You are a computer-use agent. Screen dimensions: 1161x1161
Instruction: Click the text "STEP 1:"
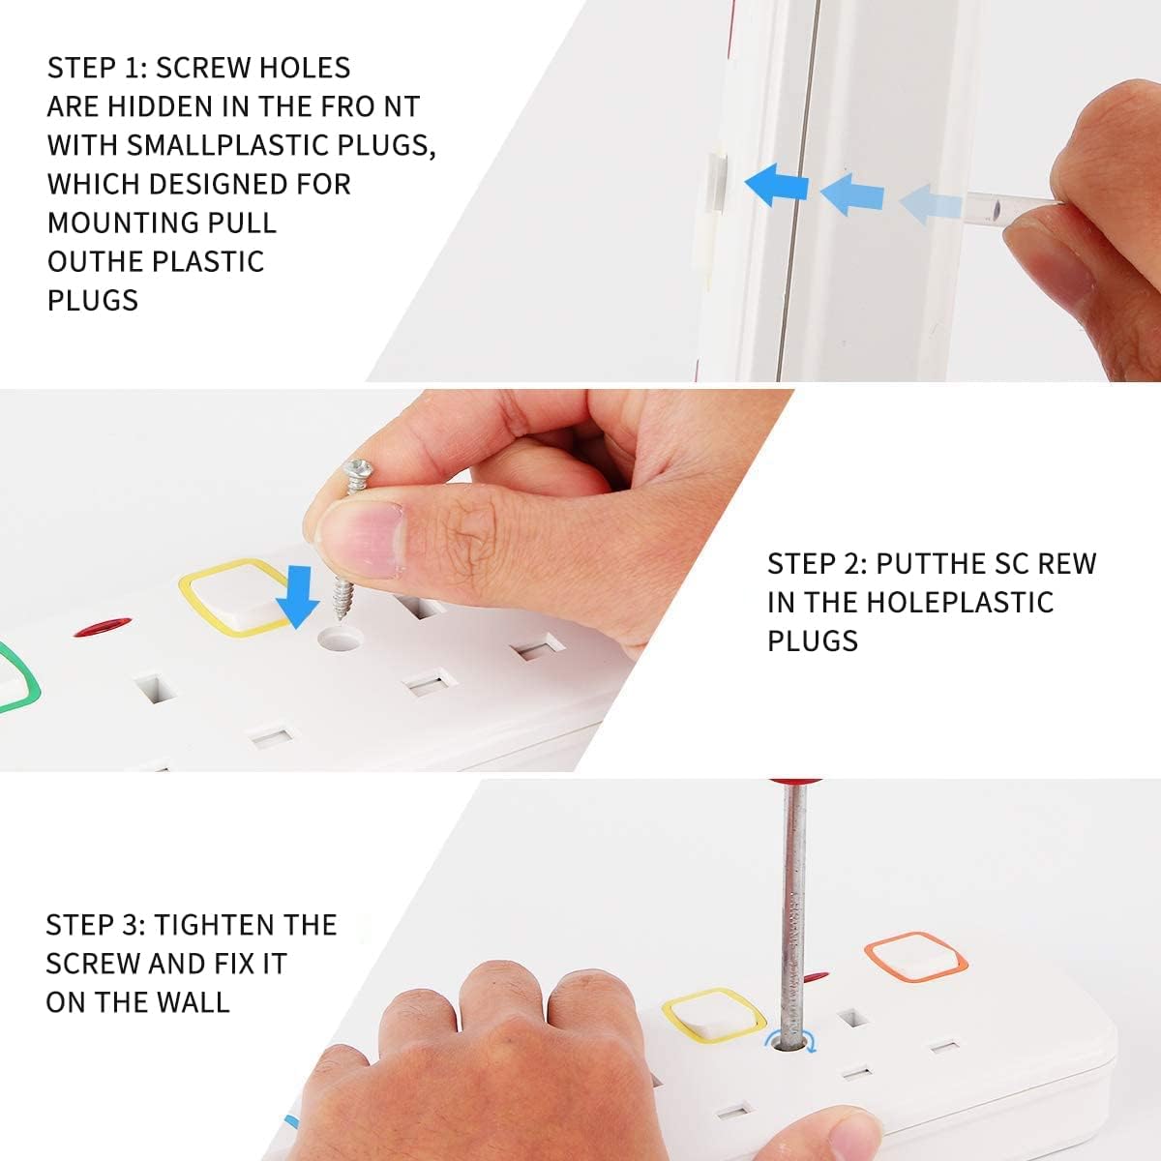(x=98, y=68)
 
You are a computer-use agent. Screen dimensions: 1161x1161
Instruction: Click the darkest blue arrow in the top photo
(x=777, y=185)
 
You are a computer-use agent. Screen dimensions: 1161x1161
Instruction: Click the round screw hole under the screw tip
(x=340, y=639)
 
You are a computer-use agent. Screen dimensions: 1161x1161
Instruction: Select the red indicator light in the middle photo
(x=103, y=627)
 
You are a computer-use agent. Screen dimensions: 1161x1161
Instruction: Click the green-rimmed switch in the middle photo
(x=15, y=678)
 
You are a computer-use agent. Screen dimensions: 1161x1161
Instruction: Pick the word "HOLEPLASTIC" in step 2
(x=961, y=603)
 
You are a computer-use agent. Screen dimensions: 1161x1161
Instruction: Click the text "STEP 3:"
(x=96, y=925)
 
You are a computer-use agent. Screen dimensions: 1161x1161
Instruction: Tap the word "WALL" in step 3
(x=193, y=1002)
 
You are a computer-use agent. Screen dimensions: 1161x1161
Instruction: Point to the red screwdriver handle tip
(x=794, y=782)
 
